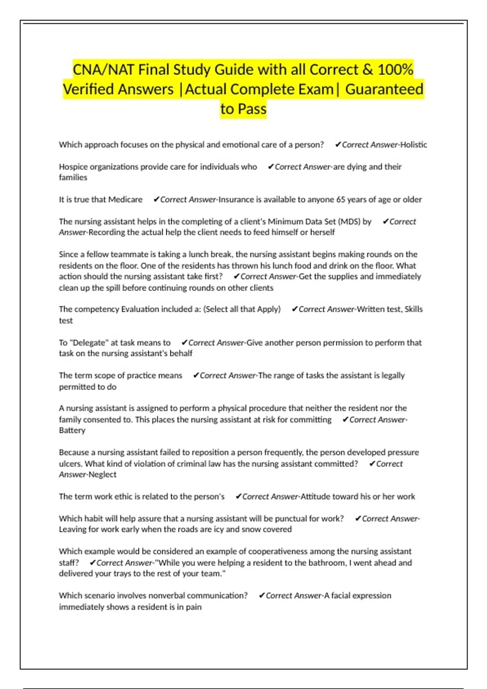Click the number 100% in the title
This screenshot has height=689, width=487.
coord(395,70)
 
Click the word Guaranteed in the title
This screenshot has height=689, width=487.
coord(384,89)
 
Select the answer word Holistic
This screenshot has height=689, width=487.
coord(414,145)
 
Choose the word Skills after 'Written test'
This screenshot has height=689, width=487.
coord(414,309)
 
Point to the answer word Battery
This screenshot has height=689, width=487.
coord(72,430)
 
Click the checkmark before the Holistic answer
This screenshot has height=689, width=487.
coord(338,145)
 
